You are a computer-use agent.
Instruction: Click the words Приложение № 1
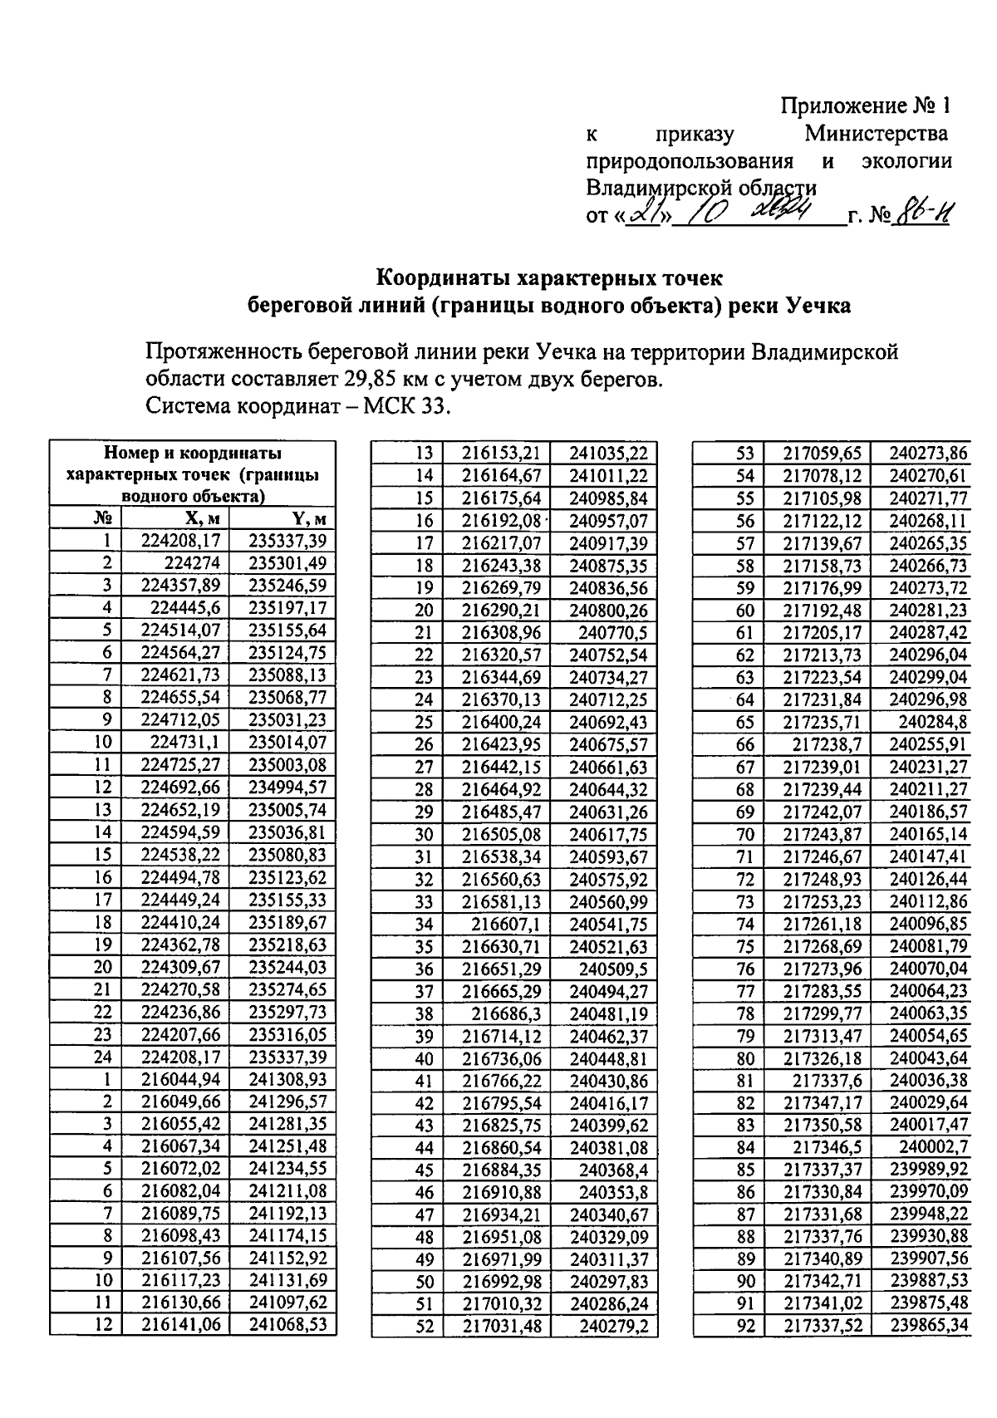point(864,105)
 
